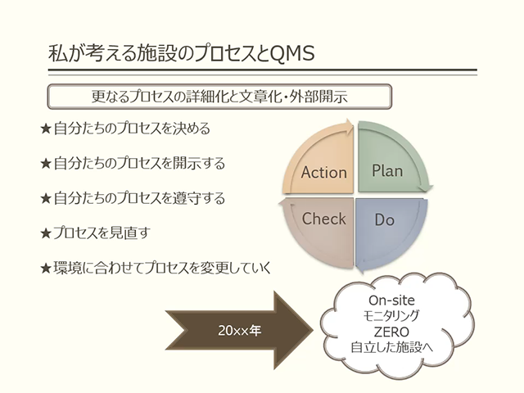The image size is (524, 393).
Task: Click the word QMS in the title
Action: click(x=292, y=53)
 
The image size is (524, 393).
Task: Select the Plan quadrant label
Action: click(x=387, y=170)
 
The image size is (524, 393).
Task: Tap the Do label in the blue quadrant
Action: click(x=384, y=219)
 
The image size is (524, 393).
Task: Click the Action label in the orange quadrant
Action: click(x=324, y=173)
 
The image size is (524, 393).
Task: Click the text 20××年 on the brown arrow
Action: click(x=240, y=331)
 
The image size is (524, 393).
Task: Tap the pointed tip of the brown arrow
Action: click(x=312, y=330)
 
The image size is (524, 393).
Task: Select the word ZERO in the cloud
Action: click(x=391, y=332)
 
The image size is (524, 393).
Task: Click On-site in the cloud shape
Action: click(x=391, y=300)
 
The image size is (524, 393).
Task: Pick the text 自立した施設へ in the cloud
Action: click(x=391, y=347)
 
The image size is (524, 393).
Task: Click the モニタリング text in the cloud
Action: click(x=391, y=316)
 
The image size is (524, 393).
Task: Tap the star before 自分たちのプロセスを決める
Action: click(x=46, y=129)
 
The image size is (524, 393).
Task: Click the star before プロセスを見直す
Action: click(x=46, y=233)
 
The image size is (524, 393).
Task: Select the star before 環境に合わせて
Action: click(x=46, y=268)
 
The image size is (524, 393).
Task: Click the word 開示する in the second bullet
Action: click(x=199, y=164)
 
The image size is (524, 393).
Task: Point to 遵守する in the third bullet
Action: click(x=199, y=198)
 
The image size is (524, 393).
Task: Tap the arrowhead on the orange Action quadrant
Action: click(x=349, y=126)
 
